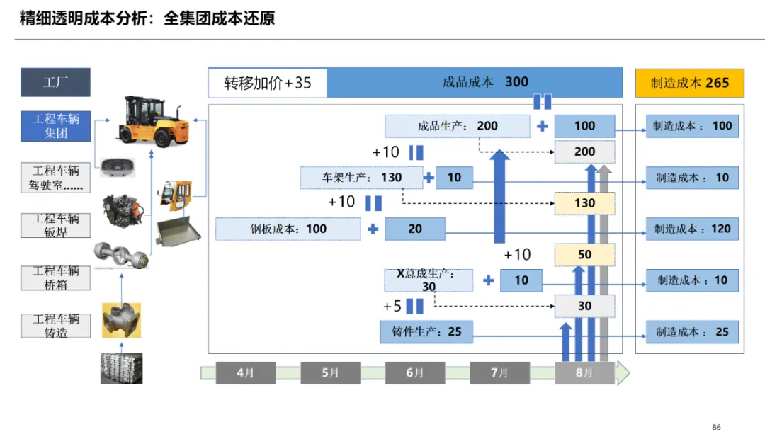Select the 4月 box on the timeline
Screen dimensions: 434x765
coord(244,372)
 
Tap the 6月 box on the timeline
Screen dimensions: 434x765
coord(414,372)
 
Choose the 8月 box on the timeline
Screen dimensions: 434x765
coord(584,372)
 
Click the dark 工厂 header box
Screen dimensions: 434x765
coord(55,82)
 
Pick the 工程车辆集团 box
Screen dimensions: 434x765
coord(56,126)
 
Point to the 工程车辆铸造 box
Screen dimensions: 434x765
coord(56,326)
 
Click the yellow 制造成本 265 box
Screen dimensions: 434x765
coord(689,83)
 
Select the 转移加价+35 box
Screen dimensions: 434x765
coord(268,83)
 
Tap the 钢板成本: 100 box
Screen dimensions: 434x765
coord(288,229)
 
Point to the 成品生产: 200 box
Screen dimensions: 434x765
coord(458,126)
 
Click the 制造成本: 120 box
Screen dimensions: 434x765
coord(692,229)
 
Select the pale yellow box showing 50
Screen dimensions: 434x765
coord(584,255)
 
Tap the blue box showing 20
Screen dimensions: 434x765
coord(414,229)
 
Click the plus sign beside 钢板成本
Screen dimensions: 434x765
coord(373,229)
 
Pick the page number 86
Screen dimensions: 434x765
coord(716,427)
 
